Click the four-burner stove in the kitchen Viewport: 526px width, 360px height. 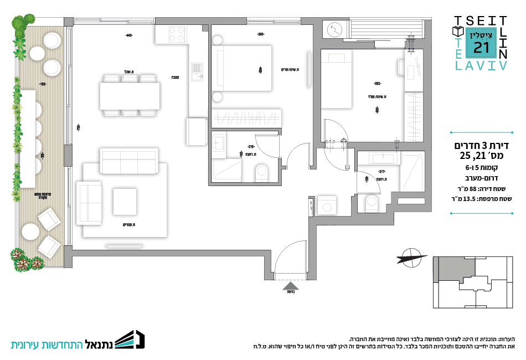pos(177,34)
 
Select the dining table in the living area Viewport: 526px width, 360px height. pos(130,96)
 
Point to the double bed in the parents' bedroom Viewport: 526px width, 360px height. pos(247,69)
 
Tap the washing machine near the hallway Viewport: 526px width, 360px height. pos(329,205)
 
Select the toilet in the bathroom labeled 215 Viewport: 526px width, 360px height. pos(261,173)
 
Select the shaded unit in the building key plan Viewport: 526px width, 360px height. pos(453,270)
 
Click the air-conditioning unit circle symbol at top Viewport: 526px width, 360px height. pos(336,29)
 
